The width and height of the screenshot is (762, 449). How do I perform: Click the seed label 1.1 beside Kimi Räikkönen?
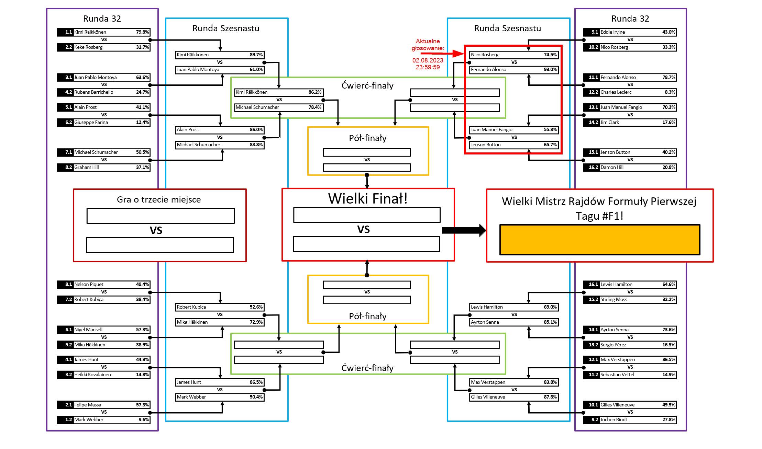(x=68, y=32)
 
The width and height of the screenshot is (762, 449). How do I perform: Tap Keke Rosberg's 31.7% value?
(x=142, y=47)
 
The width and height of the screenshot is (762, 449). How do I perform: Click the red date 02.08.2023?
(x=428, y=60)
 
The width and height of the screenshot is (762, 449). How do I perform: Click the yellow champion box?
(x=599, y=240)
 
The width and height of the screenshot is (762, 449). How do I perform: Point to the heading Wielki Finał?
(x=367, y=199)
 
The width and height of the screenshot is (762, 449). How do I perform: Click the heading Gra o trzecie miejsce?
(x=159, y=200)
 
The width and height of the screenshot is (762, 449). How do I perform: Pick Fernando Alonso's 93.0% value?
(x=550, y=70)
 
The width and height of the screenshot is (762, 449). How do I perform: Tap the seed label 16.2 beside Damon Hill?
(x=593, y=168)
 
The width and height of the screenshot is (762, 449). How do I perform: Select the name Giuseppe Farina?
(x=91, y=123)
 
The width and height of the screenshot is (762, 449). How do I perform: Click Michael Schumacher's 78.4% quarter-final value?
(x=315, y=107)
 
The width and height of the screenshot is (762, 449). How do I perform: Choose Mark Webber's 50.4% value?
(x=256, y=397)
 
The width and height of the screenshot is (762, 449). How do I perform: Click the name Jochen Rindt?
(x=614, y=420)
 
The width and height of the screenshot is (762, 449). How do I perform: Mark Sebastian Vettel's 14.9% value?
(x=669, y=375)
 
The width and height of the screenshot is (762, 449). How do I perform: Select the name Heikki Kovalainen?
(x=92, y=375)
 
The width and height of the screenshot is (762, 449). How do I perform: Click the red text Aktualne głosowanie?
(x=428, y=45)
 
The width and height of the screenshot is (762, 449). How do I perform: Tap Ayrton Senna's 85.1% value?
(x=550, y=322)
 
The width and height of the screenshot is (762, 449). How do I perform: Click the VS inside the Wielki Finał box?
(x=363, y=230)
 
